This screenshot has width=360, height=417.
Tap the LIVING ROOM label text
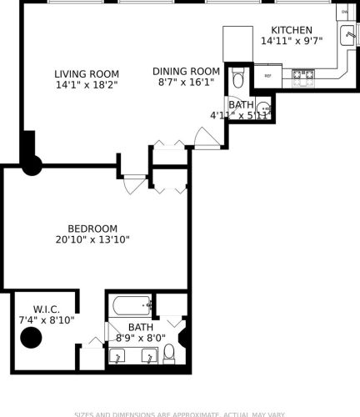[x=87, y=73]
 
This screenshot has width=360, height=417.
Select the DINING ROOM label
[x=187, y=72]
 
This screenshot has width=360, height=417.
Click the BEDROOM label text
[x=92, y=229]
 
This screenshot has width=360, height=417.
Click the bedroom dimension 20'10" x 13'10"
[x=92, y=240]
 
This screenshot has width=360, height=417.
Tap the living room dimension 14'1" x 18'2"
[x=87, y=85]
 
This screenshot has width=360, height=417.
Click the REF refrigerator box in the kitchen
[x=268, y=76]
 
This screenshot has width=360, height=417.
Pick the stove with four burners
[x=302, y=75]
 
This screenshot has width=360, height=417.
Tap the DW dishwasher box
[x=345, y=13]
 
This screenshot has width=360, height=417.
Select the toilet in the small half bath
[x=237, y=81]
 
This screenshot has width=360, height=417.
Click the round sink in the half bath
[x=263, y=108]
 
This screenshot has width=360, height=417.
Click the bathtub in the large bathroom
[x=129, y=305]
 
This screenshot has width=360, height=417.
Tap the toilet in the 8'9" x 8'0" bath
[x=169, y=353]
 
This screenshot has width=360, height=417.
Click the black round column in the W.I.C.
[x=31, y=339]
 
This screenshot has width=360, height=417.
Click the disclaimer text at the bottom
[x=180, y=414]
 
